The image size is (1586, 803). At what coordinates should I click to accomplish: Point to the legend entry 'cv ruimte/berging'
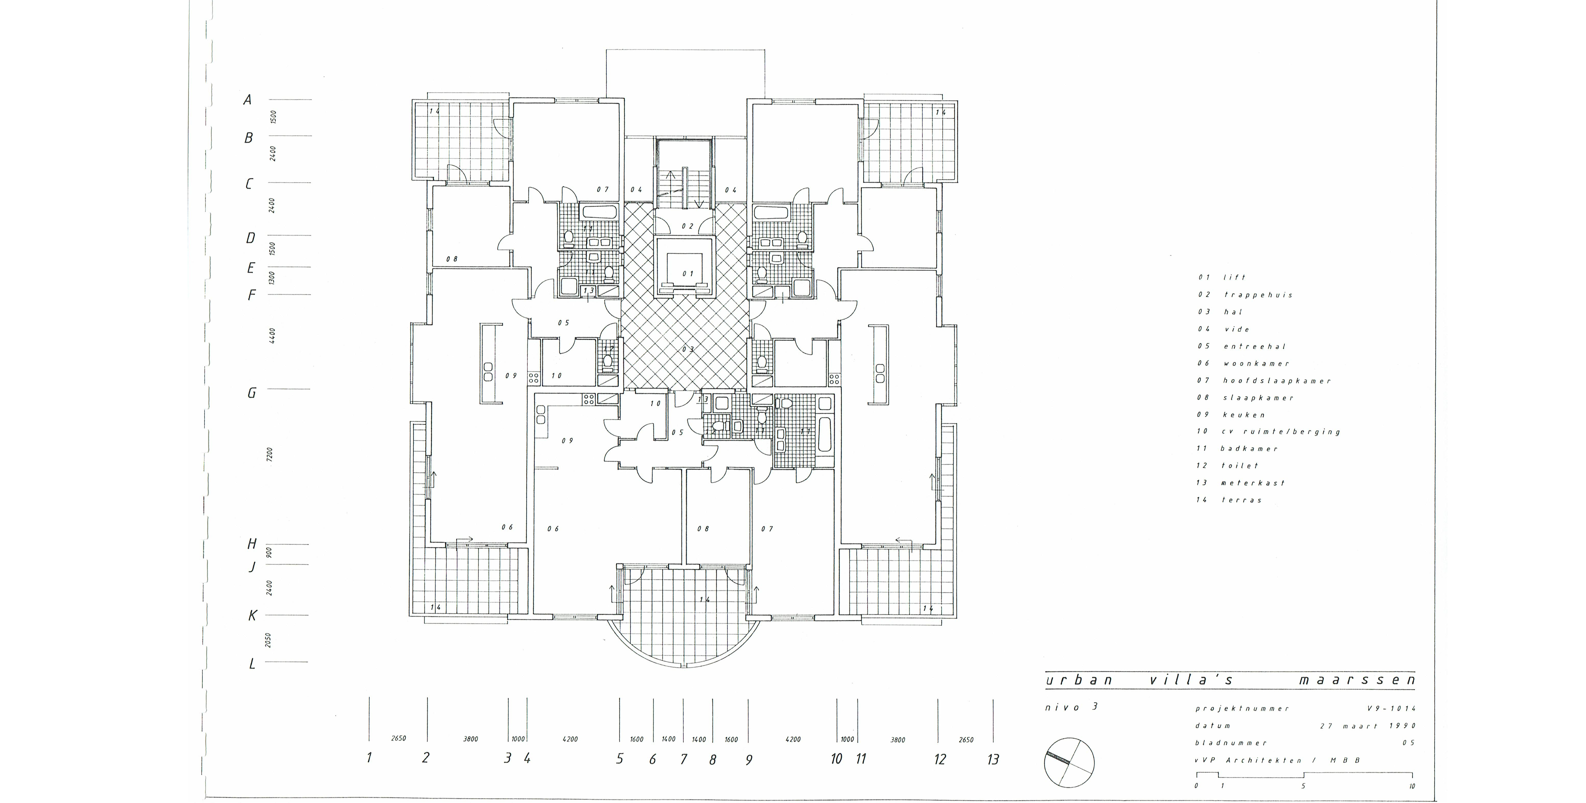pyautogui.click(x=1280, y=432)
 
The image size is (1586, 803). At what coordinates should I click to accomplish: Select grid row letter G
pyautogui.click(x=251, y=393)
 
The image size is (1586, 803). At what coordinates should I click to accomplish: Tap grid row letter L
pyautogui.click(x=252, y=664)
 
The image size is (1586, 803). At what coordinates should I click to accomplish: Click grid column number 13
pyautogui.click(x=993, y=759)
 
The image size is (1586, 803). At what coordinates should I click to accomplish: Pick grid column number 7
pyautogui.click(x=683, y=759)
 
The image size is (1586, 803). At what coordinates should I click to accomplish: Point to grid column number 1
pyautogui.click(x=369, y=757)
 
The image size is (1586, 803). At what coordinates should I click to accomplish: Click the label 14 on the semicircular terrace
pyautogui.click(x=704, y=599)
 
